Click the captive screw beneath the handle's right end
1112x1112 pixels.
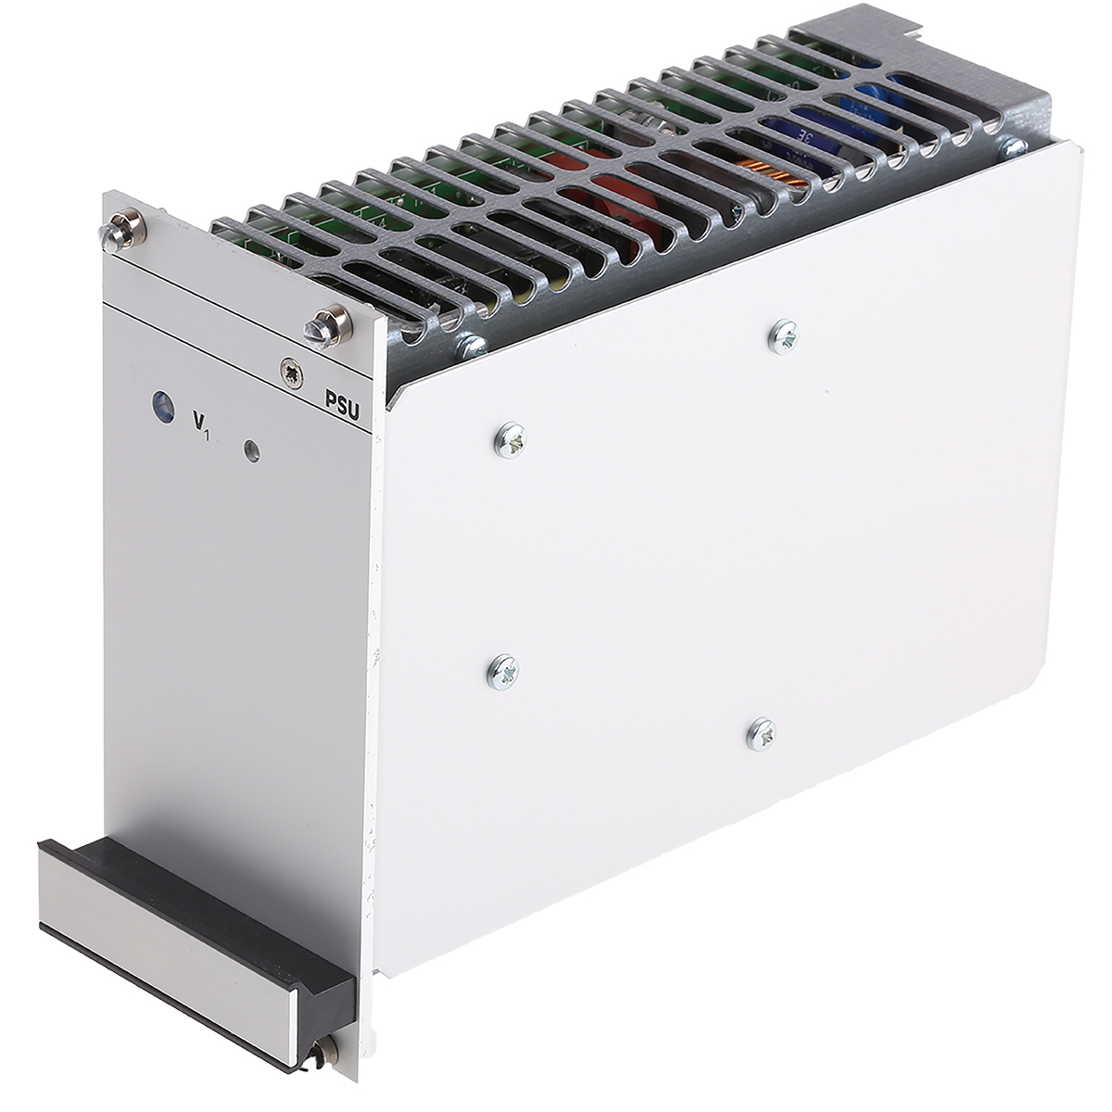(326, 1053)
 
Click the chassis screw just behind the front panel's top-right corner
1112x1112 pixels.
(472, 345)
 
